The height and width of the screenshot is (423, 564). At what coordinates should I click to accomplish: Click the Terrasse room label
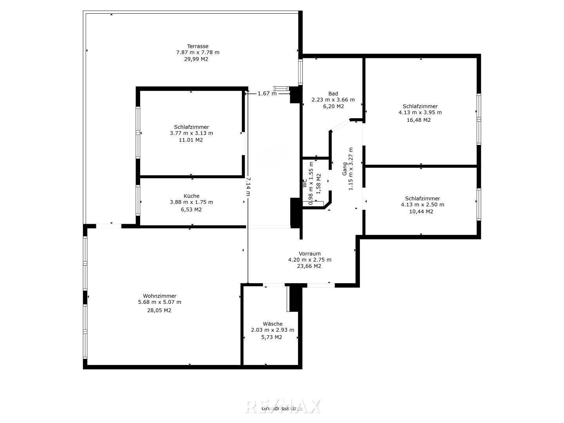pyautogui.click(x=197, y=46)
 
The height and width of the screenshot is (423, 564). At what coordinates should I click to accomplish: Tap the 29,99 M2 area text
pyautogui.click(x=196, y=59)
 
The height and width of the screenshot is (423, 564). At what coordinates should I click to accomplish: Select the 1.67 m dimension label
pyautogui.click(x=267, y=94)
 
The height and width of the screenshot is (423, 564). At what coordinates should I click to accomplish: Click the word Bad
pyautogui.click(x=333, y=94)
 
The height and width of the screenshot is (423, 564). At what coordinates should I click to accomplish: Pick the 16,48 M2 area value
pyautogui.click(x=419, y=120)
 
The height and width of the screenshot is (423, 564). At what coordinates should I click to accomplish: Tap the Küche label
pyautogui.click(x=192, y=196)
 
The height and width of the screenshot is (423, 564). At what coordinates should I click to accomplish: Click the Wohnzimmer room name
pyautogui.click(x=159, y=296)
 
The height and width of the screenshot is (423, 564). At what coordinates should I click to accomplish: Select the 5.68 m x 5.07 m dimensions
pyautogui.click(x=159, y=302)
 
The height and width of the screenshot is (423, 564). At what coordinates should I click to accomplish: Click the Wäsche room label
pyautogui.click(x=273, y=324)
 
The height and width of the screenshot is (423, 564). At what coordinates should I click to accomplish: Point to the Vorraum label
pyautogui.click(x=309, y=253)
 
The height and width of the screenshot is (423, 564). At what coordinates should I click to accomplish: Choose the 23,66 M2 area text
pyautogui.click(x=309, y=266)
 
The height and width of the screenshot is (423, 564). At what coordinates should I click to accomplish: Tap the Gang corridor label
pyautogui.click(x=345, y=169)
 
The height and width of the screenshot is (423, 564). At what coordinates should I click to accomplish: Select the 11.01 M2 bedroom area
pyautogui.click(x=191, y=140)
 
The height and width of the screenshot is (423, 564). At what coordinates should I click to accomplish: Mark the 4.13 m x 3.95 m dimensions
pyautogui.click(x=420, y=112)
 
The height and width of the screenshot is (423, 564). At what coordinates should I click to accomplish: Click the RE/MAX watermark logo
pyautogui.click(x=283, y=407)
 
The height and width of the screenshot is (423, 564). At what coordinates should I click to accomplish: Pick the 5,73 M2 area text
pyautogui.click(x=271, y=337)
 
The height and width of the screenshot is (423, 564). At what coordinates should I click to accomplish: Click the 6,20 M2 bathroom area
pyautogui.click(x=333, y=106)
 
